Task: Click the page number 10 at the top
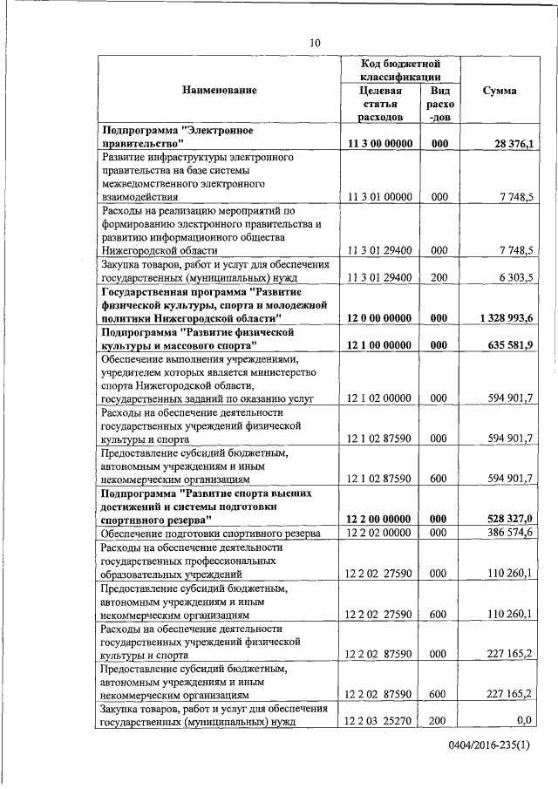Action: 316,44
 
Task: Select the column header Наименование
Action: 220,91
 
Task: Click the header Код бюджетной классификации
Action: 400,71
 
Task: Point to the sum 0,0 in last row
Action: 523,722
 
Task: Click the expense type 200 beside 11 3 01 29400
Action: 439,277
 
